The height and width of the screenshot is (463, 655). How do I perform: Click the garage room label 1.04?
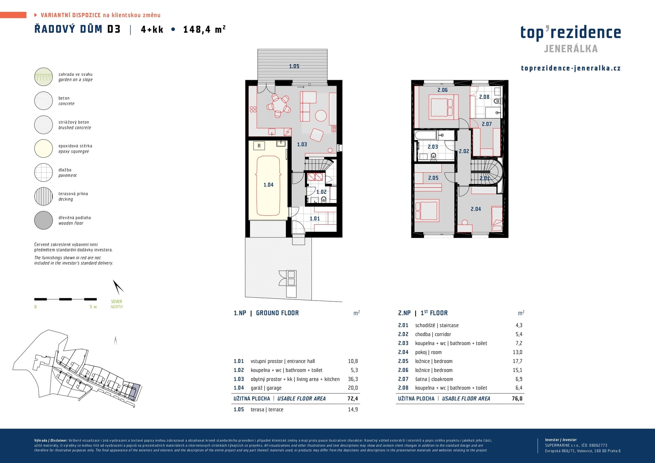pos(268,185)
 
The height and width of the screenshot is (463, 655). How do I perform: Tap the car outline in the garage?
pos(268,186)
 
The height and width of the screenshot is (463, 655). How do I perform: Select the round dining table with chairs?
pos(278,105)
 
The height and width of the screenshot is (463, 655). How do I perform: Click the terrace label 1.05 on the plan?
pos(294,66)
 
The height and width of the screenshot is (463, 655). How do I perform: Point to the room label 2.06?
pos(442,90)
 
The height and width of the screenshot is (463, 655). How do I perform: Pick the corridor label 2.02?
pos(464,151)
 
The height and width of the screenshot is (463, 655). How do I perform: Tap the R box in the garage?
pos(259,146)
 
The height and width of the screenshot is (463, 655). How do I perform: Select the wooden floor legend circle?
pos(44,220)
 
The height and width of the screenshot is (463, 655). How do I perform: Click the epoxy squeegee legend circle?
pos(44,148)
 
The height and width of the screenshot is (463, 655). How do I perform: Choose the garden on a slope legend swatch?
pos(44,77)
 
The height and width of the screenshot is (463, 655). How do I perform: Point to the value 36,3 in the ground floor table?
pos(353,379)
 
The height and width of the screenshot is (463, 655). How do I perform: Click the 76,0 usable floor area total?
pos(517,399)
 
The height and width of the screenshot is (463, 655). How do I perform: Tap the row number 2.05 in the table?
pos(403,361)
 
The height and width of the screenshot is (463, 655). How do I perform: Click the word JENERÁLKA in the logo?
pos(571,49)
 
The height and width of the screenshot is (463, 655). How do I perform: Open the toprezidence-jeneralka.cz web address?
pos(571,68)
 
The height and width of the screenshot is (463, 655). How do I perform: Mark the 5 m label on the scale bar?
pos(93,307)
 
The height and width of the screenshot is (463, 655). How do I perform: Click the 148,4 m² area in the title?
pos(204,29)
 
